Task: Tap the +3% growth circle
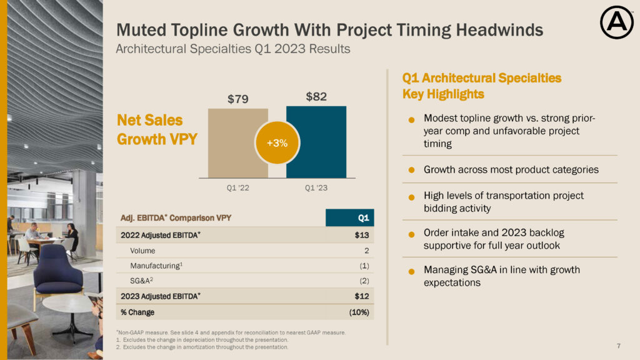[277, 143]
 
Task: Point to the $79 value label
[237, 99]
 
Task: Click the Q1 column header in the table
[362, 217]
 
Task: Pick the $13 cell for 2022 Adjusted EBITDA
[362, 236]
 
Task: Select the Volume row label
[143, 251]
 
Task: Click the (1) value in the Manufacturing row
[364, 266]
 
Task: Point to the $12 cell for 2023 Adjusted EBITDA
[362, 296]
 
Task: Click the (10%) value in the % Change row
[358, 312]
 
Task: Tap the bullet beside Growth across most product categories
[412, 170]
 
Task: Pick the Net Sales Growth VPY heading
[157, 129]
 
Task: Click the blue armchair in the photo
[57, 269]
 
